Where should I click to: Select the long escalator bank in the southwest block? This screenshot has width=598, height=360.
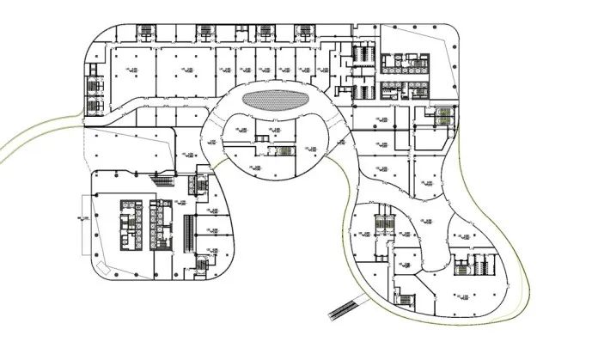[x=189, y=233]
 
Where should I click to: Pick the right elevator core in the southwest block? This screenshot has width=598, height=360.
[x=161, y=222]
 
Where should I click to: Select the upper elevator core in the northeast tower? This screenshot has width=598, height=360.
[x=397, y=62]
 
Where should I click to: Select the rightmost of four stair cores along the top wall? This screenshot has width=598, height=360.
[x=304, y=32]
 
